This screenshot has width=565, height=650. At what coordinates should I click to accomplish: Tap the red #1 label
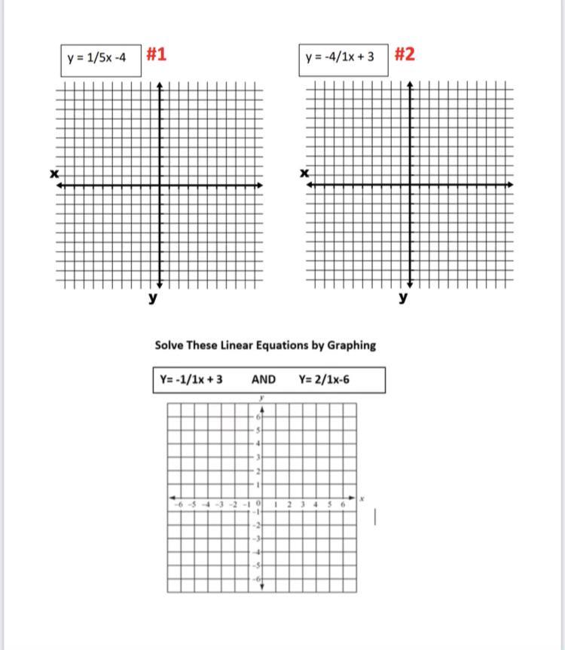coord(157,54)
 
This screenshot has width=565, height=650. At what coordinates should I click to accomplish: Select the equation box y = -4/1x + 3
coord(340,58)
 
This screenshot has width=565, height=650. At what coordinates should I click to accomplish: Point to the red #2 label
coord(404,54)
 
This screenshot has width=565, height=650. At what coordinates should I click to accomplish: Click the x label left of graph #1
coord(54,174)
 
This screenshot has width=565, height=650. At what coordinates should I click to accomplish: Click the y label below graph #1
coord(153,299)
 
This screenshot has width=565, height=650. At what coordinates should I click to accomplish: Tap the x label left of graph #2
coord(304,174)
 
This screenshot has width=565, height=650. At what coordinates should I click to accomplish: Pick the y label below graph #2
coord(404,299)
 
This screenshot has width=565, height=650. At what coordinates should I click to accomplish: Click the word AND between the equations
coord(263,379)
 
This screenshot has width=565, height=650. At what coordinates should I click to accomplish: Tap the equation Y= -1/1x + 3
coord(191,379)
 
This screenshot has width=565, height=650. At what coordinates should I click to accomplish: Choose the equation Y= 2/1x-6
coord(324,379)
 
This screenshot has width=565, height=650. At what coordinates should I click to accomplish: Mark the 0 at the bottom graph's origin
coord(258,503)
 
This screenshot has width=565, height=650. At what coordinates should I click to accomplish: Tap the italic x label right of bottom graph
coord(362,498)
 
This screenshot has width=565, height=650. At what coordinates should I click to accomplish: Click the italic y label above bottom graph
coord(261,397)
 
